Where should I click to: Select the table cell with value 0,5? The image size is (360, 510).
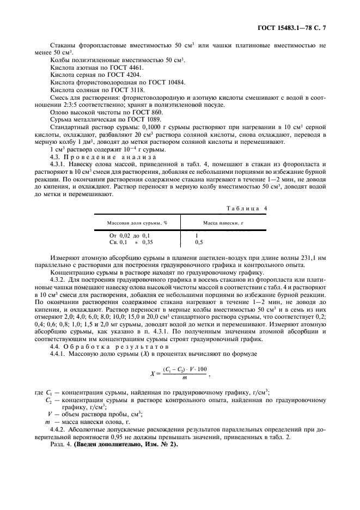coord(199,241)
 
